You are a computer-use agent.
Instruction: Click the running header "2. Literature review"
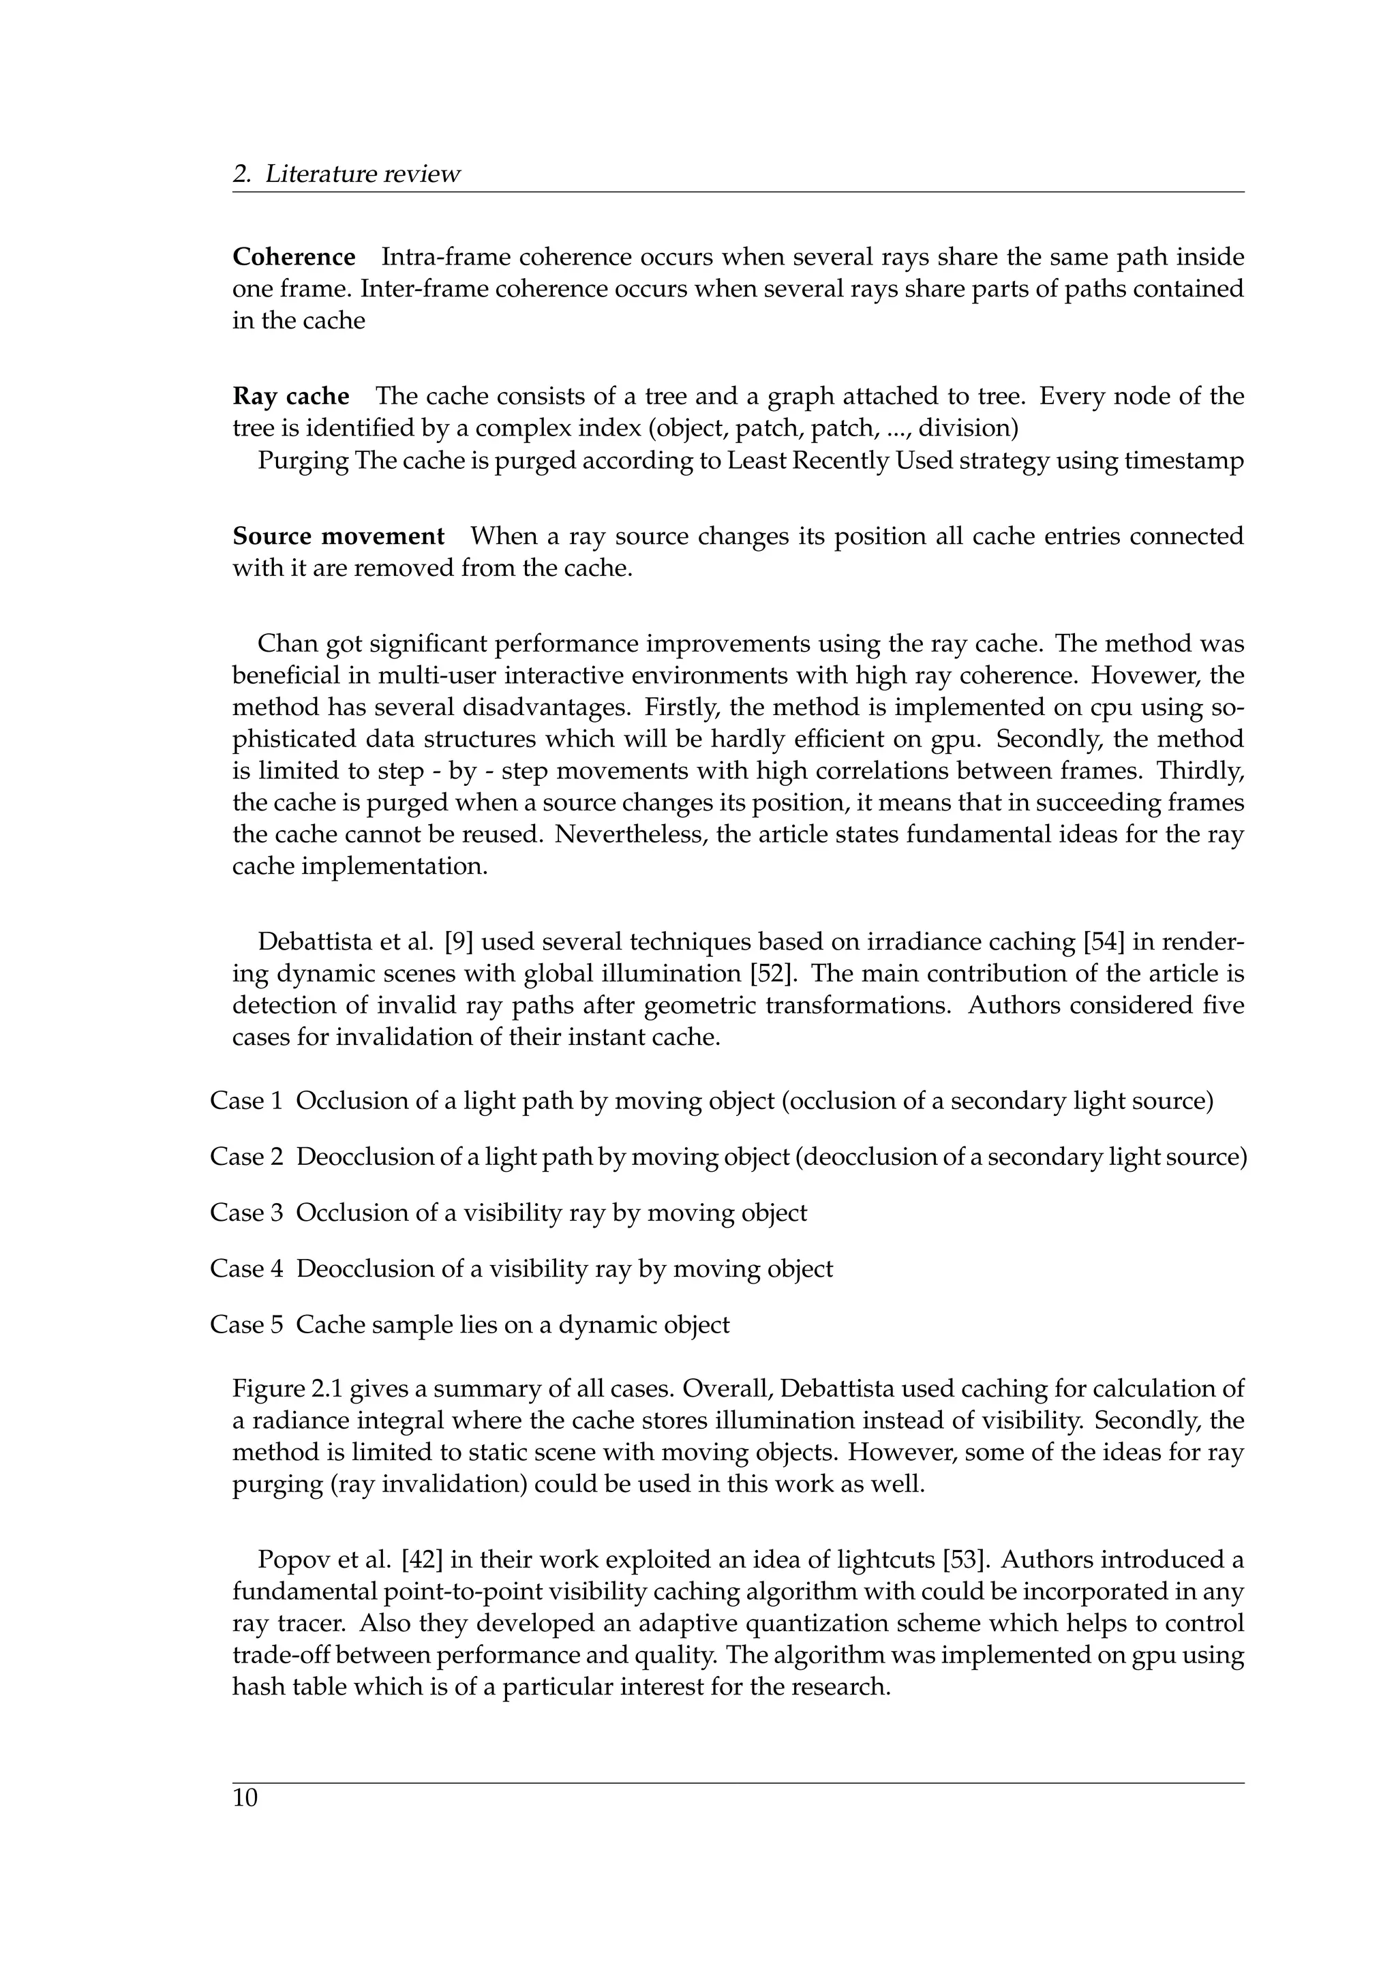(x=346, y=174)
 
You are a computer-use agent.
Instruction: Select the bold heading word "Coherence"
(x=294, y=257)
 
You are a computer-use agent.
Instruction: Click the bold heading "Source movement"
(x=339, y=536)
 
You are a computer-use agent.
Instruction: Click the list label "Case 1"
(x=246, y=1102)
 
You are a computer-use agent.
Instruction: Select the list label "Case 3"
(x=246, y=1213)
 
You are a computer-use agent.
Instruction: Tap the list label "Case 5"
(x=246, y=1325)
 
